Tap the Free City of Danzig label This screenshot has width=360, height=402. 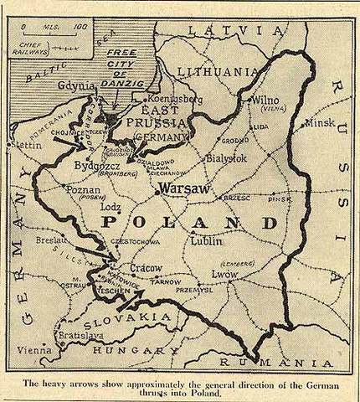pos(126,67)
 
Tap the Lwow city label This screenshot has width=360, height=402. pos(225,273)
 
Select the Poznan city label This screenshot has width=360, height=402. pos(82,190)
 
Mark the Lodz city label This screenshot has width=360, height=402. pos(110,206)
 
